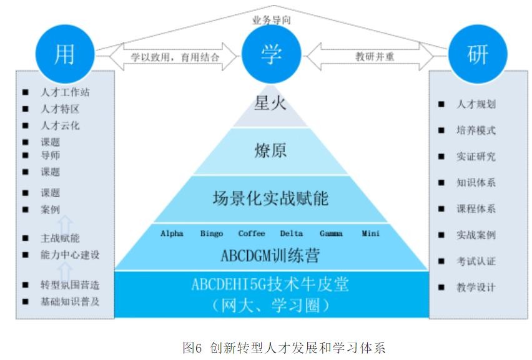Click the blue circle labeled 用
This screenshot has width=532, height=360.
pos(64,54)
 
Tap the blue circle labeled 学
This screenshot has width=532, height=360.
pos(270,54)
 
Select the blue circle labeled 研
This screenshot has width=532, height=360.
pos(478,54)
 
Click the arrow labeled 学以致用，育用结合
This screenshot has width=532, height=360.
pos(174,57)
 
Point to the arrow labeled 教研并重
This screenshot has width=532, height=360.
pos(375,57)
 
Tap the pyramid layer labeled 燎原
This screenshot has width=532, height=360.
pos(270,152)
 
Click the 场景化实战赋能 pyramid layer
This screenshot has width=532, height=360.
pos(270,199)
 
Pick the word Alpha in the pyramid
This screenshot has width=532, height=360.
pos(172,233)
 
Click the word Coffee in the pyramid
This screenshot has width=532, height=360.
pos(252,233)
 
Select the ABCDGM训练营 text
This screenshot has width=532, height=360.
pos(270,256)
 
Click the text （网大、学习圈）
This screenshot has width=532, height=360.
pos(270,306)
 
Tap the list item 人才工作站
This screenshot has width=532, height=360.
pos(65,92)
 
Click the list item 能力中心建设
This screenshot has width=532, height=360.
pos(70,255)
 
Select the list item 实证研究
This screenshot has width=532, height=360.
pos(476,157)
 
